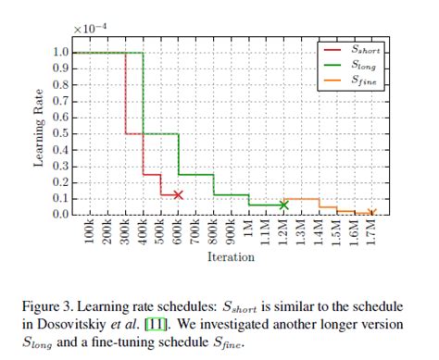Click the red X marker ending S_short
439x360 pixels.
click(x=178, y=194)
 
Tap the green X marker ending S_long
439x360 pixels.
click(x=283, y=205)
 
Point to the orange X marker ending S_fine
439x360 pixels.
click(x=371, y=213)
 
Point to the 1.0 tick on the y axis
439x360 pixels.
click(x=63, y=53)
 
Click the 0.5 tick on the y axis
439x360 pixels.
click(x=63, y=133)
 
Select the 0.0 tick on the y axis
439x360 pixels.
click(x=63, y=215)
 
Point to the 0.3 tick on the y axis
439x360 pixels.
click(x=63, y=166)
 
